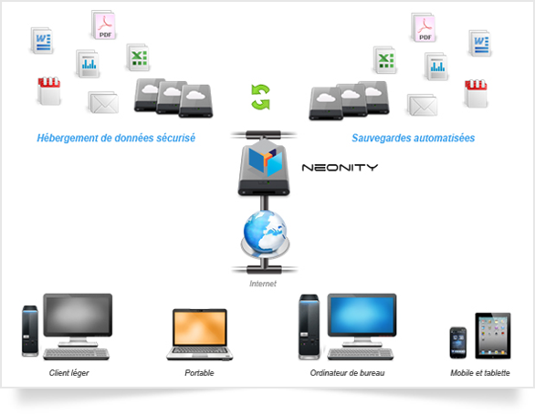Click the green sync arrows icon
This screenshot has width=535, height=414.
[x=261, y=97]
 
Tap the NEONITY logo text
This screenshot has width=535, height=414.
[x=340, y=167]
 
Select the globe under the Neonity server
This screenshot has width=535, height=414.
[x=265, y=232]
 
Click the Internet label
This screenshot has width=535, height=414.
[x=263, y=284]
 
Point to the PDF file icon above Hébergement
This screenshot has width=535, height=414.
[x=104, y=25]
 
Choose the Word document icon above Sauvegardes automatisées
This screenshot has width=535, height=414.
[x=480, y=43]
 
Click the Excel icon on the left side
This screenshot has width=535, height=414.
[x=138, y=57]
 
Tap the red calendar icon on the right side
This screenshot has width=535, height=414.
[x=476, y=93]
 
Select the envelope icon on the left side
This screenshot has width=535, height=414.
[x=103, y=102]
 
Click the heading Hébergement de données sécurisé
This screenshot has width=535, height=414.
[x=116, y=138]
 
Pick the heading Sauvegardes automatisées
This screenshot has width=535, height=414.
[x=414, y=138]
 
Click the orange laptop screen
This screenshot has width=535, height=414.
[x=200, y=328]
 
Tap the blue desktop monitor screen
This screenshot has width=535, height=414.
[x=362, y=315]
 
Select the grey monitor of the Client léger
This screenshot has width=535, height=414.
[x=78, y=315]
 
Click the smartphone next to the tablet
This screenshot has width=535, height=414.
[x=458, y=343]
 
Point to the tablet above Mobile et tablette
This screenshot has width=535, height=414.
[x=493, y=336]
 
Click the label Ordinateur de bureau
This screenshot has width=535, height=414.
[x=347, y=373]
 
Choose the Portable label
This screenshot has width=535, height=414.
[x=199, y=373]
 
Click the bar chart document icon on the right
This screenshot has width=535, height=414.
[x=436, y=66]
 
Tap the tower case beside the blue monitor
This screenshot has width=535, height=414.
[x=309, y=326]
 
